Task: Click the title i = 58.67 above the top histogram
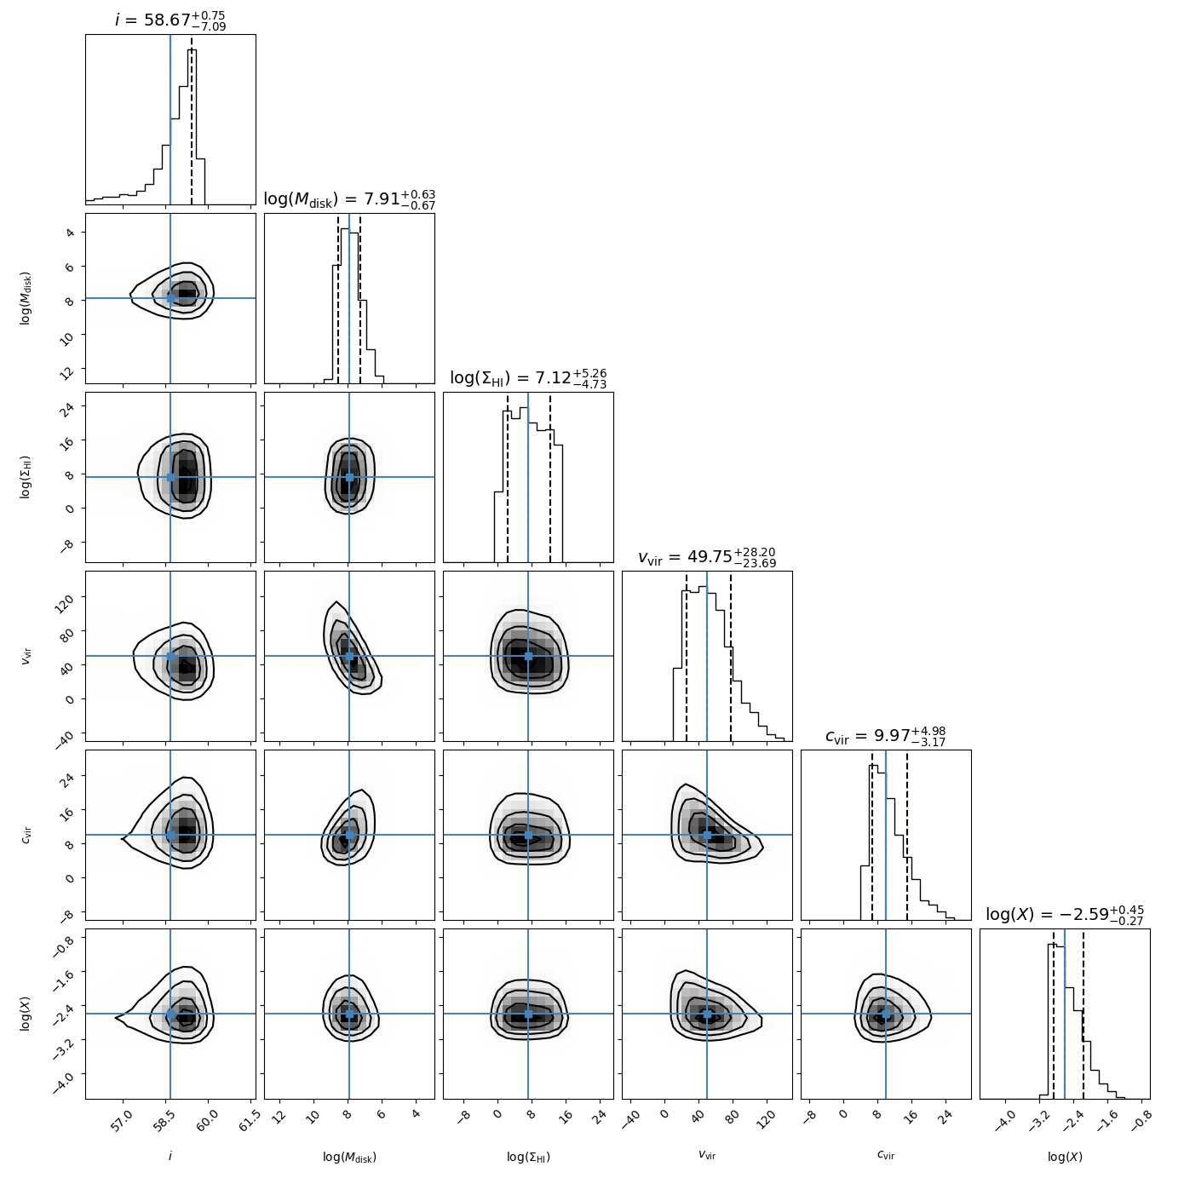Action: [170, 20]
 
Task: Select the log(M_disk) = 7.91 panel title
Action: [349, 199]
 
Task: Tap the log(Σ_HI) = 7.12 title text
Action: [528, 378]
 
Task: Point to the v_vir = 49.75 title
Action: [707, 557]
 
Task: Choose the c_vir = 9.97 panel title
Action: [886, 736]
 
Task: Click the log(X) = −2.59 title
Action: [1065, 915]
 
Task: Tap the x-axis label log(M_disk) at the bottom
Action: [349, 1157]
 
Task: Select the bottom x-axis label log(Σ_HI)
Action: [528, 1157]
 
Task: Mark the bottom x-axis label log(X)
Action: [1065, 1157]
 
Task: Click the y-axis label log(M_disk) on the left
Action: [26, 298]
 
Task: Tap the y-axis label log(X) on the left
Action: [26, 1014]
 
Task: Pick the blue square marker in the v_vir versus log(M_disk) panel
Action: [349, 656]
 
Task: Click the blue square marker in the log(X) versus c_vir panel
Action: [886, 1014]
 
